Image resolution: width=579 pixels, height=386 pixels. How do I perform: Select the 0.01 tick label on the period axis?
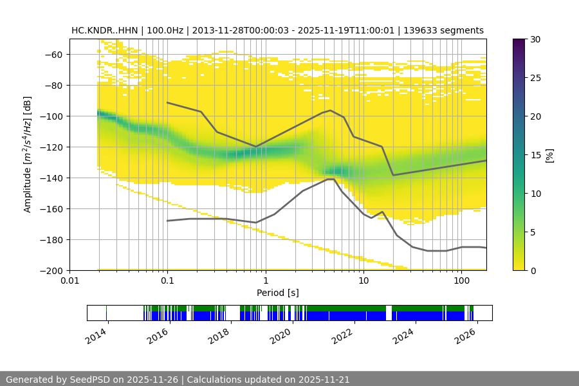point(69,281)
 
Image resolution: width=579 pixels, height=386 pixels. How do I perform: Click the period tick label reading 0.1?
point(167,281)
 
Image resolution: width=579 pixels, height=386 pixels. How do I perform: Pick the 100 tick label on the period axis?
point(461,281)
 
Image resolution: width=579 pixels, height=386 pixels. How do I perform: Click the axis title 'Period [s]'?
point(278,293)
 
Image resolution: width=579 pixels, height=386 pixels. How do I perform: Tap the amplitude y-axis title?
point(27,154)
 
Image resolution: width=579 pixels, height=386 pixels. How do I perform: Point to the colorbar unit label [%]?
point(549,155)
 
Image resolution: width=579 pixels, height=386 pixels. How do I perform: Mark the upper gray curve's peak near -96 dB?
point(331,110)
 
